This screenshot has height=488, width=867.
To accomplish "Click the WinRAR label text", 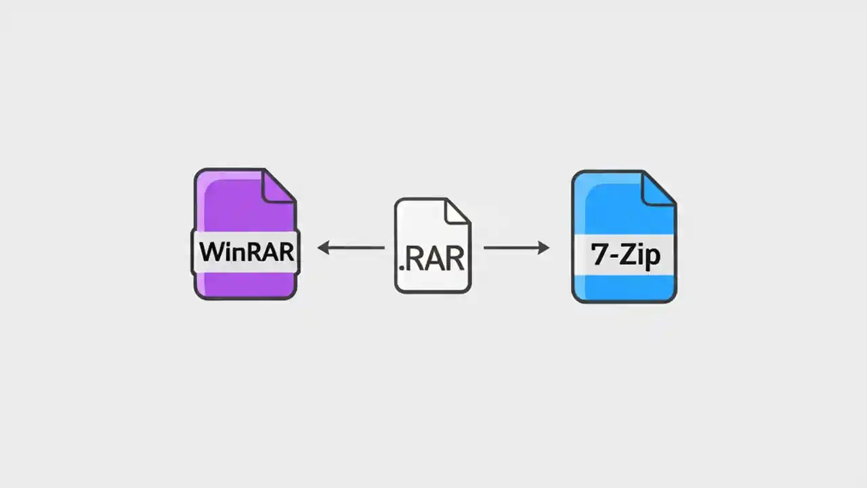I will [246, 251].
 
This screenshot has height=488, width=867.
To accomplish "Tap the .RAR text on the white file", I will [432, 259].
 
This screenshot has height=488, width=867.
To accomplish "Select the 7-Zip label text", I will [624, 256].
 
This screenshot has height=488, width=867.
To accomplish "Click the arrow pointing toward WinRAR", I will [351, 248].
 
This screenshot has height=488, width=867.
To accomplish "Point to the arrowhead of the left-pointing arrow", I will [323, 248].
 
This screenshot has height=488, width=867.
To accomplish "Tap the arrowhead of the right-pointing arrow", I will [544, 248].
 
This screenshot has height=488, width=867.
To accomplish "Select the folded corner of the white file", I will [457, 211].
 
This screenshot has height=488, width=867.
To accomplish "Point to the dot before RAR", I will [401, 268].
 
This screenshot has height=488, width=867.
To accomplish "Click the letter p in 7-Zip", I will [652, 259].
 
